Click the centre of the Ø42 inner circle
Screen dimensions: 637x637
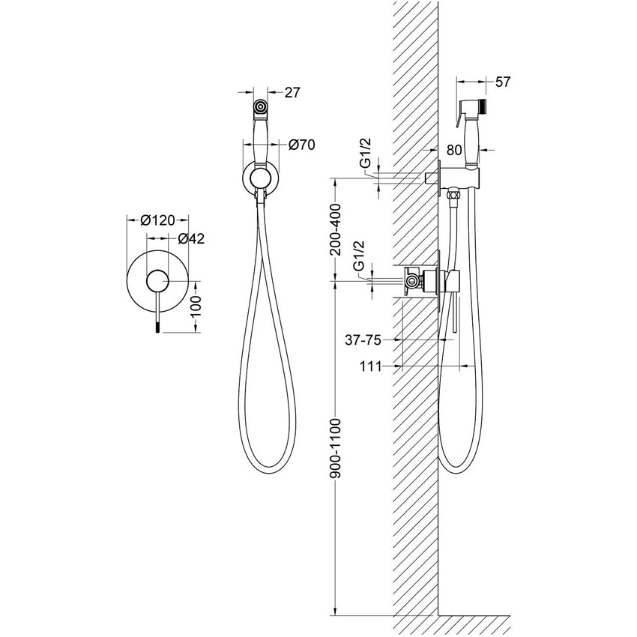157,281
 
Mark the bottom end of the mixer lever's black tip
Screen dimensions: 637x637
157,333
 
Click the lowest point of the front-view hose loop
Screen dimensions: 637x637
264,474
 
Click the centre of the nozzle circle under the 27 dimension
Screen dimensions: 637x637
260,107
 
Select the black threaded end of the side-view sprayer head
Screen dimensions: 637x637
482,106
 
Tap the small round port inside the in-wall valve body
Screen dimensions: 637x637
411,280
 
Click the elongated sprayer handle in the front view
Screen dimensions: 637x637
260,140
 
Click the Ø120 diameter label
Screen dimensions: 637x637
157,220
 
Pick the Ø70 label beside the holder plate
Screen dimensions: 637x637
302,145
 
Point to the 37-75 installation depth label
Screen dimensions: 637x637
363,339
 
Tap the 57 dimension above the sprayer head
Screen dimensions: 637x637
503,82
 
